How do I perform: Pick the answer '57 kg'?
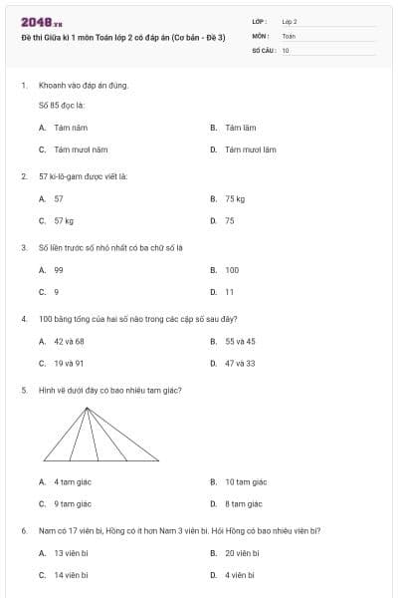click(x=65, y=220)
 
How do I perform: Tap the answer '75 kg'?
click(x=235, y=198)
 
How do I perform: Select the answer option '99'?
click(x=59, y=269)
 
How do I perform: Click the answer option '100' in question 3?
click(x=232, y=269)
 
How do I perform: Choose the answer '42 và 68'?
click(x=70, y=341)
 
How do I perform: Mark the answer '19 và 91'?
click(x=70, y=363)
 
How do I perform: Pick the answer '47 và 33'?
click(x=240, y=363)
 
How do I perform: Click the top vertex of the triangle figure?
click(x=88, y=408)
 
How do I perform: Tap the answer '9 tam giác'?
click(x=73, y=503)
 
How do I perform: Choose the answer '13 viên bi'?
click(x=72, y=552)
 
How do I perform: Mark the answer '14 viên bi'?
click(x=72, y=575)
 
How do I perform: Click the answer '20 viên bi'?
click(x=243, y=552)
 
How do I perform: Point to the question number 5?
click(x=24, y=390)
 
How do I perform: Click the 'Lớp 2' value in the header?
click(x=290, y=20)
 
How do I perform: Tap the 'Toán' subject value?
click(x=289, y=35)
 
